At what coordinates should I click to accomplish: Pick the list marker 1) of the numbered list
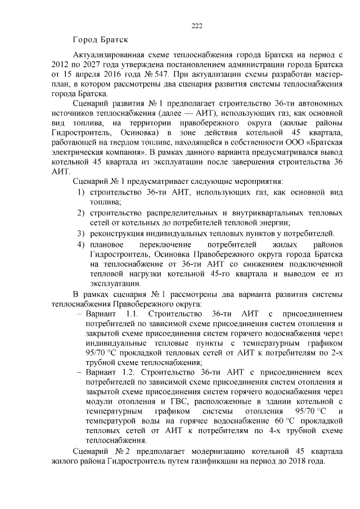coord(81,192)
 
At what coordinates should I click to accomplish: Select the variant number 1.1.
coord(135,313)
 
